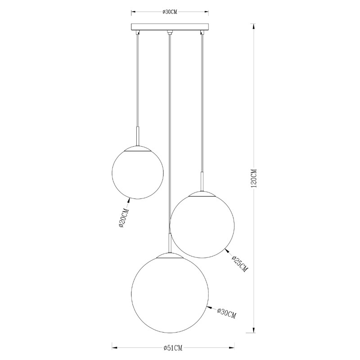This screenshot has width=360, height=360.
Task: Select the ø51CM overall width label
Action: [173, 348]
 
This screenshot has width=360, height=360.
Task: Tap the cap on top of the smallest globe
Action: [138, 148]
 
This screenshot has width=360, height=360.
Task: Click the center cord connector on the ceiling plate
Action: [169, 32]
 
